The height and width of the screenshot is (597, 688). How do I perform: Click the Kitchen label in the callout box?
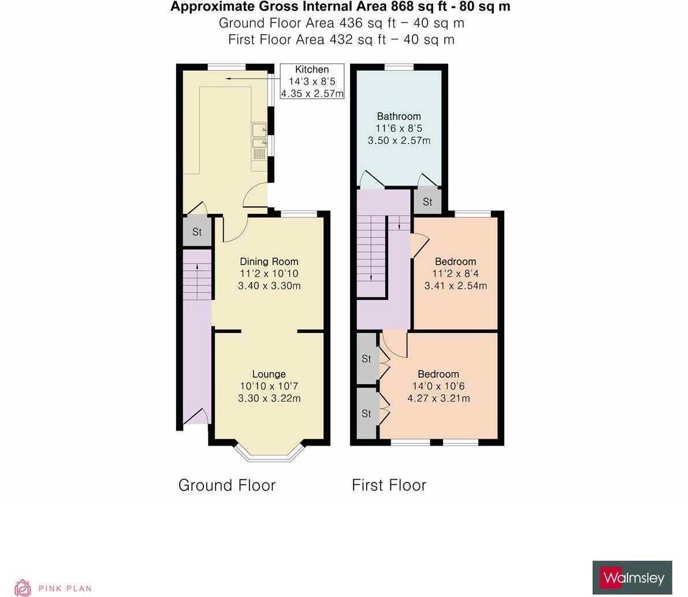click(x=312, y=69)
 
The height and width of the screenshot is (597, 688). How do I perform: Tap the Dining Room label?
click(x=269, y=262)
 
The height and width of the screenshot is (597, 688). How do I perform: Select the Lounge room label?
click(x=269, y=374)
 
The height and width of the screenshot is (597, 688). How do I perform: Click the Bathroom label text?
click(x=399, y=116)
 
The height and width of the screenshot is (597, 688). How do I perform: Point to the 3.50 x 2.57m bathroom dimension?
click(x=399, y=140)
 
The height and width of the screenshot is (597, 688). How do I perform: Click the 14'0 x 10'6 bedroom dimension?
click(x=438, y=386)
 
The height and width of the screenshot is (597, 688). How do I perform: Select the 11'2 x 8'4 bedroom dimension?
click(x=455, y=274)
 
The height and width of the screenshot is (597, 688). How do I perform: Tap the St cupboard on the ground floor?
click(x=196, y=232)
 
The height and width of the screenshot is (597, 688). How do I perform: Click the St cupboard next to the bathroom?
click(x=427, y=202)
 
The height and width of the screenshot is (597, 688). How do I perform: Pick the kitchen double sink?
click(x=259, y=136)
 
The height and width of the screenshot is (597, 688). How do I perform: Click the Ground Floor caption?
click(x=226, y=485)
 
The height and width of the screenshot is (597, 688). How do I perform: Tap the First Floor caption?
click(x=389, y=485)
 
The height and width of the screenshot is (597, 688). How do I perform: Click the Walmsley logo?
click(x=632, y=577)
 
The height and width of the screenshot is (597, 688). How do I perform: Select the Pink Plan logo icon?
click(x=23, y=587)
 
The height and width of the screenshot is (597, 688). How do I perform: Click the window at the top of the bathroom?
click(x=399, y=67)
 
